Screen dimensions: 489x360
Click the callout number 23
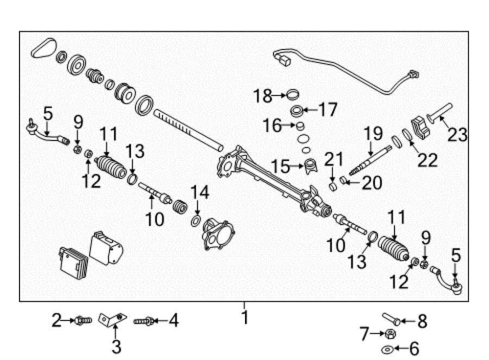(457, 135)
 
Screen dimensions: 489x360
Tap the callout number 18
(262, 96)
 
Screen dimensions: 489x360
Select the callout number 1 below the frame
(245, 317)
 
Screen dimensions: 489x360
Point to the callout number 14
(199, 192)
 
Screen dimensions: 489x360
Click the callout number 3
(116, 346)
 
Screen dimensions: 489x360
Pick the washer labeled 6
(387, 349)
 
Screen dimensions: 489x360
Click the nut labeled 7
(390, 334)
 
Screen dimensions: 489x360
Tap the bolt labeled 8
(391, 319)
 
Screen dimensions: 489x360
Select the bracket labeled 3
(112, 319)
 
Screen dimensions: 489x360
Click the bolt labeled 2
(83, 320)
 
